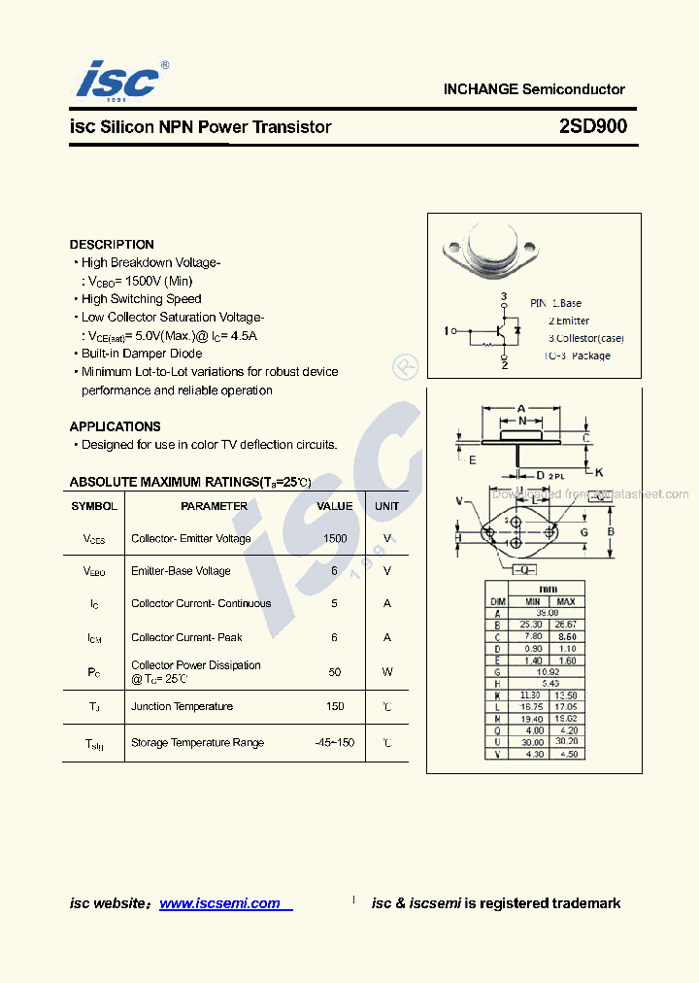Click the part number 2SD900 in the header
pyautogui.click(x=592, y=126)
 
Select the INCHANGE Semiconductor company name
pyautogui.click(x=534, y=89)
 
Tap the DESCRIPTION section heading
pyautogui.click(x=112, y=245)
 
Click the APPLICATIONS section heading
pyautogui.click(x=115, y=426)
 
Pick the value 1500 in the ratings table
pyautogui.click(x=335, y=538)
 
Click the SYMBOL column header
pyautogui.click(x=94, y=506)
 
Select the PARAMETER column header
pyautogui.click(x=214, y=506)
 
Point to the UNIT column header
pyautogui.click(x=386, y=506)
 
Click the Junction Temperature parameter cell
pyautogui.click(x=182, y=706)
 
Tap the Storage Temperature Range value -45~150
pyautogui.click(x=334, y=742)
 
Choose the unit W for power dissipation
pyautogui.click(x=386, y=671)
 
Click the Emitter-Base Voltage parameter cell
pyautogui.click(x=181, y=571)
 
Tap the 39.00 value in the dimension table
pyautogui.click(x=548, y=613)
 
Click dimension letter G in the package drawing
pyautogui.click(x=584, y=532)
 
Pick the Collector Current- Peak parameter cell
pyautogui.click(x=186, y=637)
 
